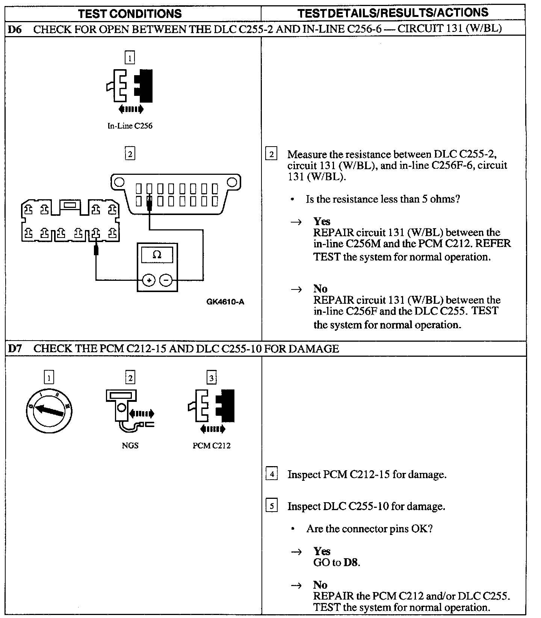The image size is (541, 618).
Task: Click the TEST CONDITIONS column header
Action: point(130,14)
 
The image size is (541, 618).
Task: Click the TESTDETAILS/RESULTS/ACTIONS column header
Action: point(393,13)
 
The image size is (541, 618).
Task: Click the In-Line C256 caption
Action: point(130,126)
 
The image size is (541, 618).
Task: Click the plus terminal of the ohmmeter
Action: point(149,280)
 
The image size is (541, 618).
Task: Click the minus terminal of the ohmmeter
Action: point(166,280)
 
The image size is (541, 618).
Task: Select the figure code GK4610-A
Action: point(225,302)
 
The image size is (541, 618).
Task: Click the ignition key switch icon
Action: point(49,410)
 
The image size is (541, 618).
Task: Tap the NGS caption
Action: point(130,445)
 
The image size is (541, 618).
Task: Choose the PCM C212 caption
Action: point(212,445)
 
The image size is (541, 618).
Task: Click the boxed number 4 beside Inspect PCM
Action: point(271,474)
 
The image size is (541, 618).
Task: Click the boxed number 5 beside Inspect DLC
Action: point(271,506)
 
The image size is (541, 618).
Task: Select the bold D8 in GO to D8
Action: point(351,562)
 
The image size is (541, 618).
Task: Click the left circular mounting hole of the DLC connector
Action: point(119,182)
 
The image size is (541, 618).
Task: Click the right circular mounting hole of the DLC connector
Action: point(232,182)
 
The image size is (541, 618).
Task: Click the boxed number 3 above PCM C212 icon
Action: point(212,377)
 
